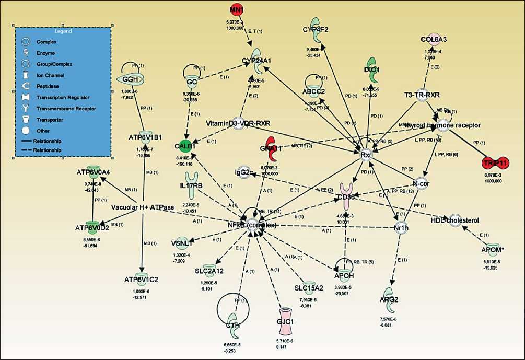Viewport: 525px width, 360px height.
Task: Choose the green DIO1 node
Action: tap(372, 69)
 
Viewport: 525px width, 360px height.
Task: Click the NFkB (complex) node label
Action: tap(254, 225)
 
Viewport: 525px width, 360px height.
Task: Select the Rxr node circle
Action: tap(366, 155)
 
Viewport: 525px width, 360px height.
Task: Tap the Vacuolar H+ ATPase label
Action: tap(143, 207)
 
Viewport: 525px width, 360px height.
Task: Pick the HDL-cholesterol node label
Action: tap(454, 220)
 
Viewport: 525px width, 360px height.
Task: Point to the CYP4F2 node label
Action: tap(316, 29)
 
